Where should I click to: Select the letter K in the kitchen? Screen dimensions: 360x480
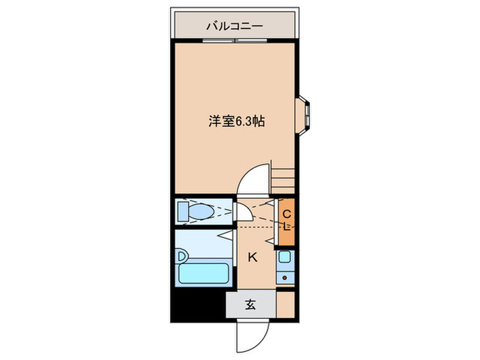point(252,258)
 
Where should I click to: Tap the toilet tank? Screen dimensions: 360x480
point(182,211)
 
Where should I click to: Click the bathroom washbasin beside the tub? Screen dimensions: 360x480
point(182,256)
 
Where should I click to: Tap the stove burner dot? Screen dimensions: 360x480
point(285,278)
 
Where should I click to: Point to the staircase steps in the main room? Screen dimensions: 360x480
point(283,177)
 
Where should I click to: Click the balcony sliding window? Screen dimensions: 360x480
point(235,41)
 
